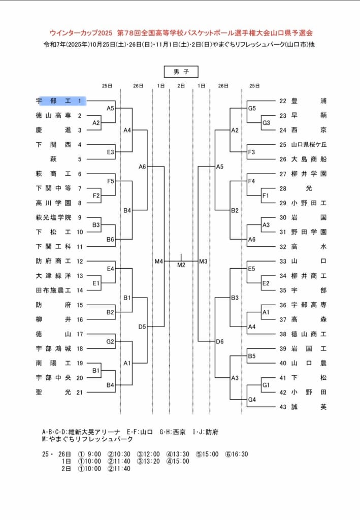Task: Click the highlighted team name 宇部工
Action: (55, 101)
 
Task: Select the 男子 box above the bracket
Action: (181, 72)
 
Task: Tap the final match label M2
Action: (181, 265)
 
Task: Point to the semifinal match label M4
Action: (159, 261)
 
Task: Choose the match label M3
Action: (203, 261)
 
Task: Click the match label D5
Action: (142, 327)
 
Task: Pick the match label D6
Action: (220, 341)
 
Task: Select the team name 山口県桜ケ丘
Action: (309, 144)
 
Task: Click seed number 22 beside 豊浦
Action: (283, 101)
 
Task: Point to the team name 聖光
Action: (55, 392)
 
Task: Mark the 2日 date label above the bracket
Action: (181, 86)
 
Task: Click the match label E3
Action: (110, 152)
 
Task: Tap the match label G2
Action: (110, 341)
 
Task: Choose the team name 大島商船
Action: (309, 159)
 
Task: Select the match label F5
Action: (110, 181)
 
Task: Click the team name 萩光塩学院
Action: (55, 217)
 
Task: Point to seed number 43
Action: (283, 407)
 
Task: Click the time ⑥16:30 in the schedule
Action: (237, 454)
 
